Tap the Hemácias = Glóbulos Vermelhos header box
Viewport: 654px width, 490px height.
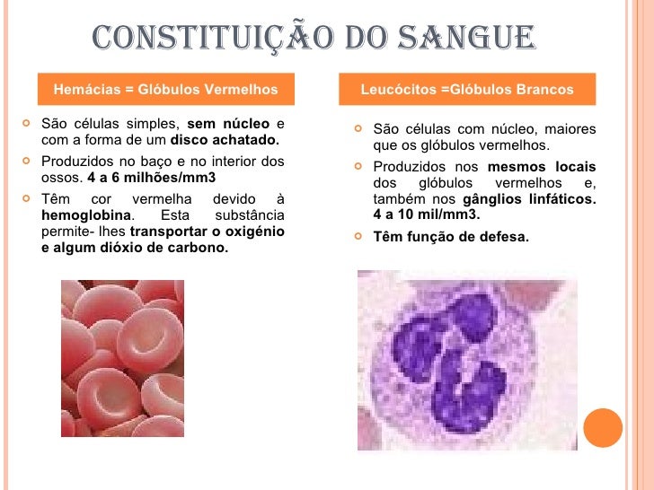point(166,90)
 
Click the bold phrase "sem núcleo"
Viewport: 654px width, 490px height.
point(228,124)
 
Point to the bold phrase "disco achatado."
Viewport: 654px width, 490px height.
point(225,140)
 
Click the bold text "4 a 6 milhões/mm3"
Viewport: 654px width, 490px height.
point(152,178)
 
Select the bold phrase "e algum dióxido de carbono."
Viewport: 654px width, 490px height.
point(135,248)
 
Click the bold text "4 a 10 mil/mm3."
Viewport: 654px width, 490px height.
point(427,215)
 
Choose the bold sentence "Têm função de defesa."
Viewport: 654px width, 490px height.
point(451,238)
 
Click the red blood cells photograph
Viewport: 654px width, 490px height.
point(122,358)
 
